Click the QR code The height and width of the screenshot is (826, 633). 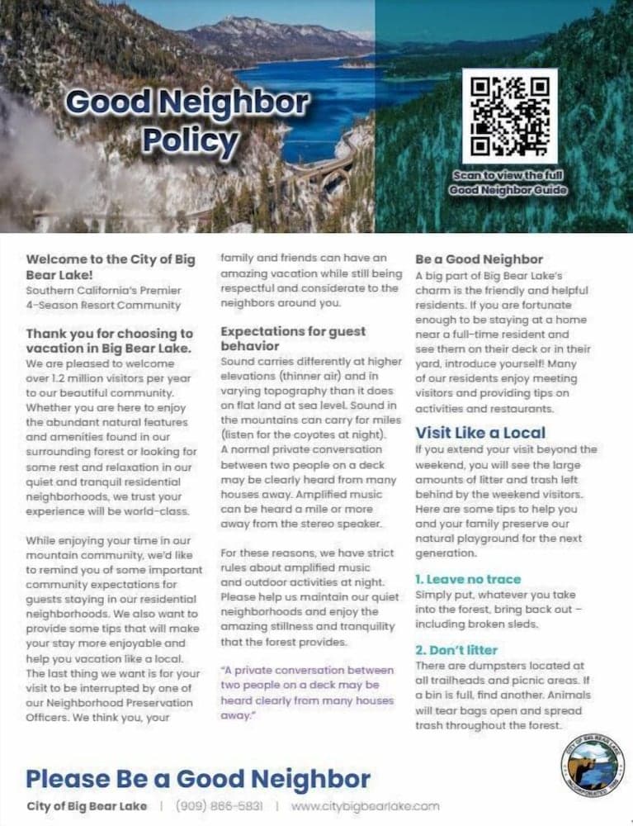[x=509, y=116]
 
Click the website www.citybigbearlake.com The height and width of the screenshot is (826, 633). [x=365, y=805]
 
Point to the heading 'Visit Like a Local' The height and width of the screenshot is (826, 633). [x=480, y=432]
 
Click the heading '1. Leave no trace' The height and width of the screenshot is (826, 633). [x=468, y=579]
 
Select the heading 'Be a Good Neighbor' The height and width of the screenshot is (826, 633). [x=479, y=259]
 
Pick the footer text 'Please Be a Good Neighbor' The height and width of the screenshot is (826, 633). [x=198, y=777]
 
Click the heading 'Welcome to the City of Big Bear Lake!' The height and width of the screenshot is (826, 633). [x=111, y=267]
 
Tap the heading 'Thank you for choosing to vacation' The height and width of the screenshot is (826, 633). [x=109, y=340]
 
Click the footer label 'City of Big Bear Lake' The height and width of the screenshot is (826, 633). [x=87, y=805]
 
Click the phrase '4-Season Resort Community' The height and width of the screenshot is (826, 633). [x=103, y=305]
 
